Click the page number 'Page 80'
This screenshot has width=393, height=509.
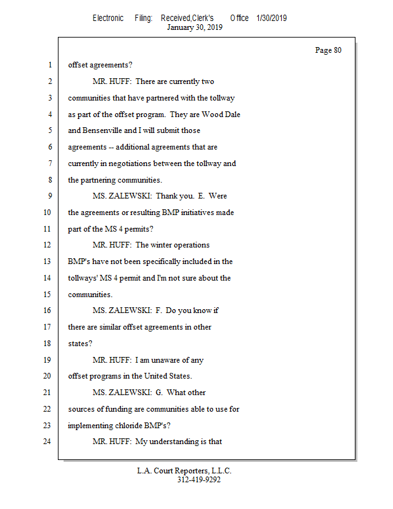[x=328, y=50]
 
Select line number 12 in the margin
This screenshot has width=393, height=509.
[x=48, y=244]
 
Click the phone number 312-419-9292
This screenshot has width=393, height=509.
[x=198, y=480]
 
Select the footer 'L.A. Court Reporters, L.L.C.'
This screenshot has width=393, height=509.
[x=184, y=471]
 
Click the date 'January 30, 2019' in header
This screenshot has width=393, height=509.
[x=195, y=27]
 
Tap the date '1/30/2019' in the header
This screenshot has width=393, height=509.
[x=272, y=18]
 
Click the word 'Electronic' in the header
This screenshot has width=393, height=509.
[x=108, y=18]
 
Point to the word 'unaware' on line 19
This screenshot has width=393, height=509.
[x=169, y=359]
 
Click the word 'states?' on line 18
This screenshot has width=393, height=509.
[x=80, y=343]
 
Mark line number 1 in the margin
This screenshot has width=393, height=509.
[x=48, y=65]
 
